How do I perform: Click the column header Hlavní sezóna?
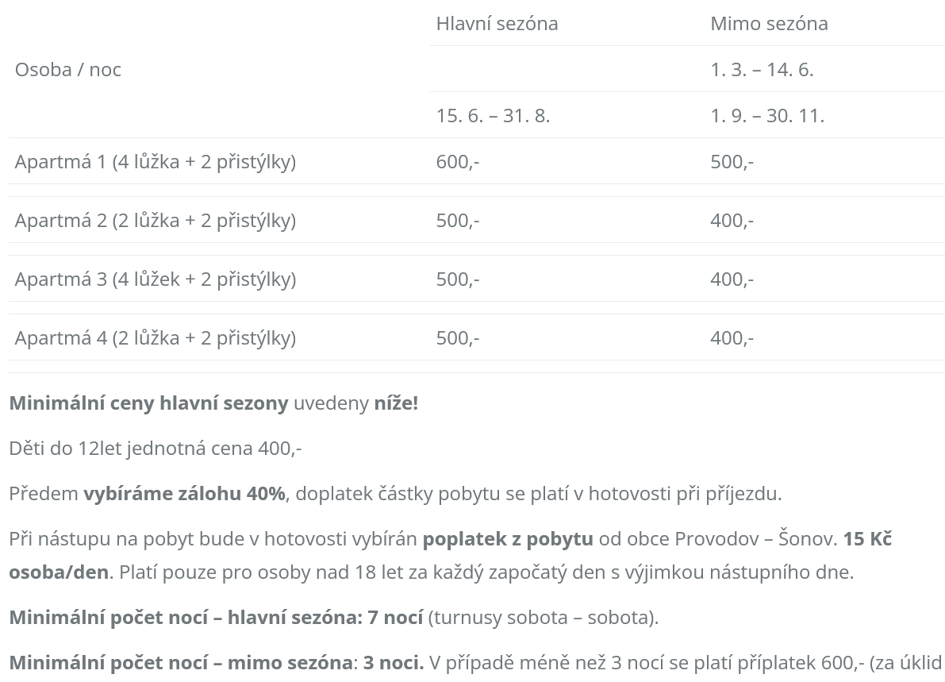click(497, 24)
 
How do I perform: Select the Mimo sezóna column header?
click(769, 24)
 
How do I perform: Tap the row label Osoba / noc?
click(68, 70)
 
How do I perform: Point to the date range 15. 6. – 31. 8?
click(493, 116)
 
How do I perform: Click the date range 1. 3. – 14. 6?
click(762, 70)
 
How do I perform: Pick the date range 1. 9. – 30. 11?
click(767, 116)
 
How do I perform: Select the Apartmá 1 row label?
click(155, 162)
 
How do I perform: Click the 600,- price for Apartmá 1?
click(458, 162)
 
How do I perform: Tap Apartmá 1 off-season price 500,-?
click(732, 162)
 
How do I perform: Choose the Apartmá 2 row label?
click(155, 221)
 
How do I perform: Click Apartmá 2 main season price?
click(458, 221)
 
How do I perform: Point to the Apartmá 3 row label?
click(155, 279)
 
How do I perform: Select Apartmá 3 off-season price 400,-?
click(732, 279)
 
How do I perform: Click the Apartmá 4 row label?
click(155, 338)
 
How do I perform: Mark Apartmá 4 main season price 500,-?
click(458, 338)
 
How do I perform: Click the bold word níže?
click(396, 403)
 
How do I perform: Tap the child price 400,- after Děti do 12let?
click(280, 449)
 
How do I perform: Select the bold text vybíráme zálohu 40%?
click(184, 494)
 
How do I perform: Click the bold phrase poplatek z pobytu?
click(508, 539)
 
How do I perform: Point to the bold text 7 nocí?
click(395, 618)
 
